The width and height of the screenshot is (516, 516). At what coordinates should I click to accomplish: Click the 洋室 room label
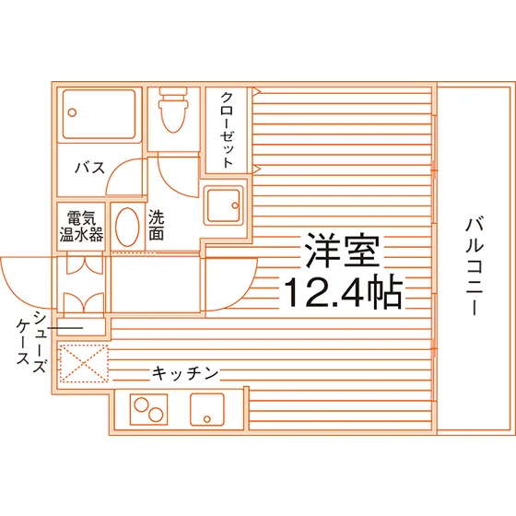pos(342,250)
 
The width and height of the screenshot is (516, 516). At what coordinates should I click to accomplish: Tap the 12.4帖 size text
pos(343,292)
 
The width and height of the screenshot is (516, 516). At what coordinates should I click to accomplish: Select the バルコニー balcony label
pos(474,266)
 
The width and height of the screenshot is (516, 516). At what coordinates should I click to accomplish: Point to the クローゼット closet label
pos(227,130)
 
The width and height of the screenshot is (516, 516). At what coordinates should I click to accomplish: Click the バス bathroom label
pos(90,168)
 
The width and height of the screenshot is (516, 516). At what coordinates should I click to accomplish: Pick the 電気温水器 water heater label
pos(81,226)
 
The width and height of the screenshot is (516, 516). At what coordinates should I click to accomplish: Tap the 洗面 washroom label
pos(156,225)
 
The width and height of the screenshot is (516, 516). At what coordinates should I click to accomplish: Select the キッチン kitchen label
pos(185,373)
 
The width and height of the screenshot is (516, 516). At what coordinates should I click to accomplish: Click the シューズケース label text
pos(31,342)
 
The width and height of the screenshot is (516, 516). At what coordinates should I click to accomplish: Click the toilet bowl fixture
pos(173,110)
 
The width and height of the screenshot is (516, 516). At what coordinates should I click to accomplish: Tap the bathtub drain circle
pos(72,112)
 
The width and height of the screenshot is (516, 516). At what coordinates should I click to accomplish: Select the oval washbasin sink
pos(127,227)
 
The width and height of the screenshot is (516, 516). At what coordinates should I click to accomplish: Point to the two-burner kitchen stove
pos(148,410)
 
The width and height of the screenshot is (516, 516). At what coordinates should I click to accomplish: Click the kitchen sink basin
pos(207,410)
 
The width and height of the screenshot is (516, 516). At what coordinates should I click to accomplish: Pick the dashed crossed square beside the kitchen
pos(84,364)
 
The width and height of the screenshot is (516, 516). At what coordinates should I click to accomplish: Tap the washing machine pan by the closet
pos(223,205)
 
